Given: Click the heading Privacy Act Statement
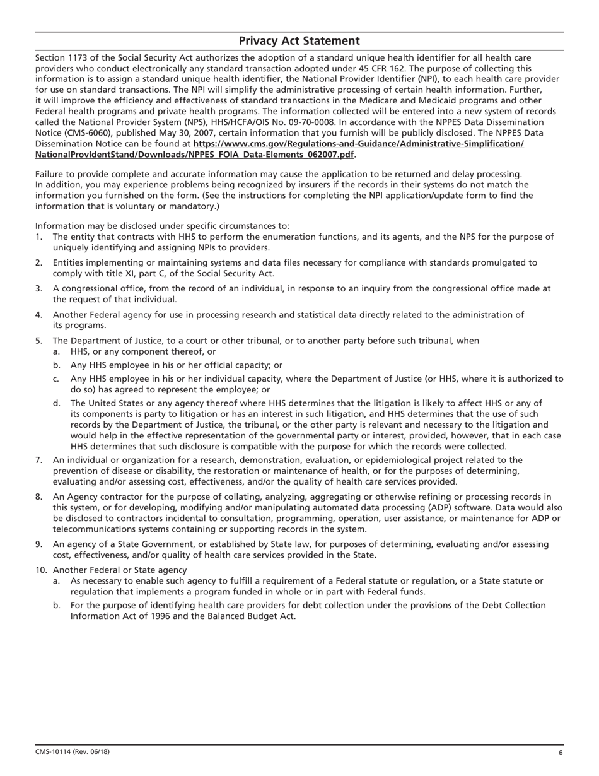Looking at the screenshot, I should coord(299,41).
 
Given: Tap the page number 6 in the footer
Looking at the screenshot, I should coord(560,752).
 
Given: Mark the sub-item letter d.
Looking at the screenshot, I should coord(57,403).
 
